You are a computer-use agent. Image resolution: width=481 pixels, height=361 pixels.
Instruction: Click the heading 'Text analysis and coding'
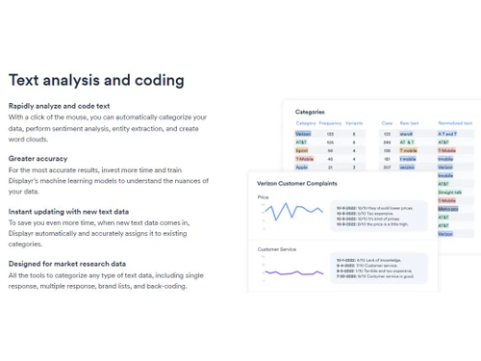(96, 80)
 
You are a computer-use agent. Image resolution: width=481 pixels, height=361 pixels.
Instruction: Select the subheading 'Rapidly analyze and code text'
(60, 105)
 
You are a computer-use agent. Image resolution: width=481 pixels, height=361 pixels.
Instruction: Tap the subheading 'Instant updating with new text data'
(68, 211)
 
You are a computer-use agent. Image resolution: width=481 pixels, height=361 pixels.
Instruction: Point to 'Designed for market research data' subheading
(66, 263)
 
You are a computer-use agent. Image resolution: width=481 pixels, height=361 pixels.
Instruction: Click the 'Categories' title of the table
(310, 112)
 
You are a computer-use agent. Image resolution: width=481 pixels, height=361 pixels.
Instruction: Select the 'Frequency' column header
(331, 123)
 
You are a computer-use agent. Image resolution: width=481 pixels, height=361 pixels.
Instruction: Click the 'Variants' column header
(355, 123)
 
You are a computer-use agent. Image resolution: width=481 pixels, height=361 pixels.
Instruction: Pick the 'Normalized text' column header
(455, 123)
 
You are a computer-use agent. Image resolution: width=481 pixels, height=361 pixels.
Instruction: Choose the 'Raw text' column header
(410, 123)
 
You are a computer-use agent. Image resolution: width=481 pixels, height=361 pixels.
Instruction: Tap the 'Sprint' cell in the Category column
(302, 150)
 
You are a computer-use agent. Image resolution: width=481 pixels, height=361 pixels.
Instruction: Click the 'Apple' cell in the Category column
(302, 168)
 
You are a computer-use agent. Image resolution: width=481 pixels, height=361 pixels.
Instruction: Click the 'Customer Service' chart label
(277, 249)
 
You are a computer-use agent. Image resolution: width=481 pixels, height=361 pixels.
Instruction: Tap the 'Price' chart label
(263, 196)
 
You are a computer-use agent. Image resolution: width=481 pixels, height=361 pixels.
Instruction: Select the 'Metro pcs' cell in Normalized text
(447, 208)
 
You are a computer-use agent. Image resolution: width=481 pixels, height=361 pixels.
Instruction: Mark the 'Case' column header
(387, 123)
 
